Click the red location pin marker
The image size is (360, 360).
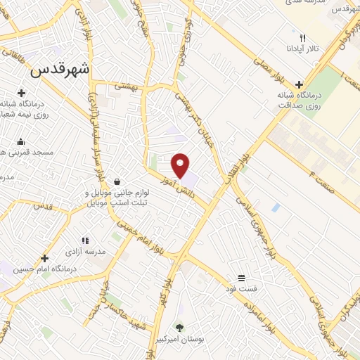click(x=181, y=165)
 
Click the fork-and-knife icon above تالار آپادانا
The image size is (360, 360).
click(x=302, y=38)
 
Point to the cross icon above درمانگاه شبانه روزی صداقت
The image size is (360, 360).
click(x=300, y=84)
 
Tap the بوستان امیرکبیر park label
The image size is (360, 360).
click(x=179, y=339)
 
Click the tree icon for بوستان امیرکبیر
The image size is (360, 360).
click(x=179, y=327)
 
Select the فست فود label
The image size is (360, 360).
click(x=242, y=288)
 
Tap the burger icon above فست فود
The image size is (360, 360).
click(x=242, y=277)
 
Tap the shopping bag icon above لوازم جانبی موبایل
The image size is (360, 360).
click(x=115, y=181)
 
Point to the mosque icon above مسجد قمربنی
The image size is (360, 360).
click(x=20, y=141)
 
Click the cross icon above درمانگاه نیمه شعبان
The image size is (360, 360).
click(x=21, y=93)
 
